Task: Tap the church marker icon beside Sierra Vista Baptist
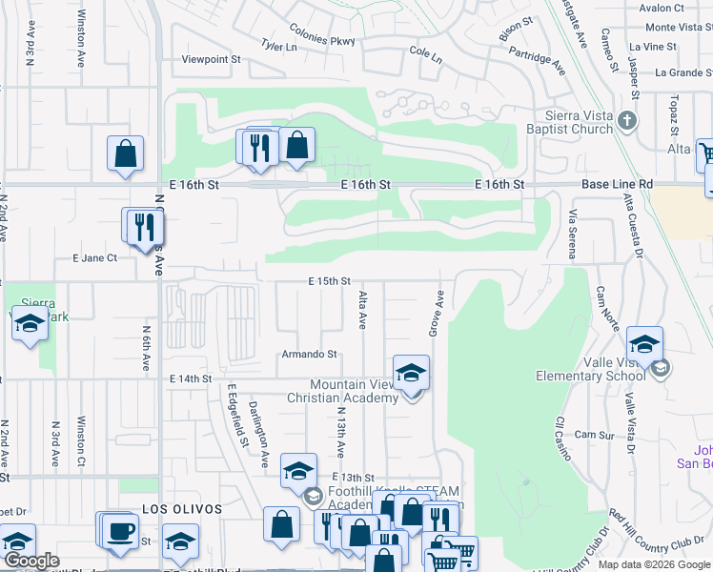coord(626,119)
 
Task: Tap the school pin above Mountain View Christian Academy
coord(411,373)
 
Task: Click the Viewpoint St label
coord(212,59)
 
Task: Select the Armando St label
coord(310,354)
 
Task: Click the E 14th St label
coord(190,378)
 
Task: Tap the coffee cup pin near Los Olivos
coord(120,530)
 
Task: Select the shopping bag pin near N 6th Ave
coord(126,153)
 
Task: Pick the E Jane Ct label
coord(94,257)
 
